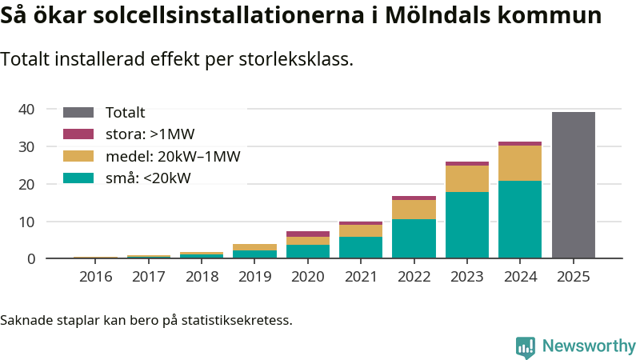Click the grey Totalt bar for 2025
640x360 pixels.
pos(573,185)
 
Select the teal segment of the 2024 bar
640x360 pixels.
pos(520,219)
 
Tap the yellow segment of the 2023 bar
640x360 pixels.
pos(467,178)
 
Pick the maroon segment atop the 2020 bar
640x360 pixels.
pos(308,234)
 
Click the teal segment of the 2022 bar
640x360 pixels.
pos(414,238)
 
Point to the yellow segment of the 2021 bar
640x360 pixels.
pos(361,230)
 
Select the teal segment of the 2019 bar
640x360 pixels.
pos(254,254)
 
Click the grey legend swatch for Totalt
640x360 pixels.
pos(78,113)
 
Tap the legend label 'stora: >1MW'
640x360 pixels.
pos(150,134)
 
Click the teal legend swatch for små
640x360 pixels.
pos(78,178)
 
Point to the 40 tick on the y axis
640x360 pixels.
pos(26,110)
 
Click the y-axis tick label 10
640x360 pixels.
pos(26,222)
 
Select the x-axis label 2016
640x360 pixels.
pos(95,277)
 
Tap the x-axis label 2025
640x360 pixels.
pos(573,277)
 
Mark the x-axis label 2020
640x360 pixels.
pos(308,277)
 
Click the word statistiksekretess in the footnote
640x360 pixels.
pos(237,321)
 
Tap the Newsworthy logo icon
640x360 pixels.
pos(526,346)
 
